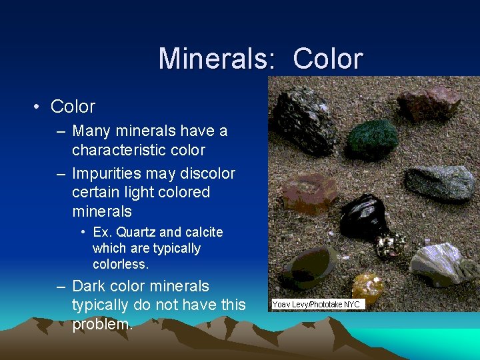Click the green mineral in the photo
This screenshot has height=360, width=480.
374,137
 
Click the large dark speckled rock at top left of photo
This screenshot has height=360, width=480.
305,120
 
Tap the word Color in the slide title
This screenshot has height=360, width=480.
327,59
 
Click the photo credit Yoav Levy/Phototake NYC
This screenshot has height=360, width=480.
316,304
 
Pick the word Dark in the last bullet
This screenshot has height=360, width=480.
88,286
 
